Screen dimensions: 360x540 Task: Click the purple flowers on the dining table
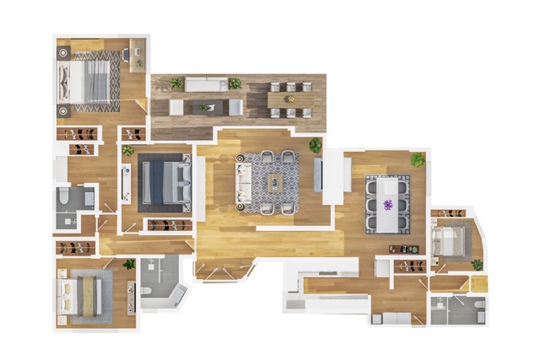(x=388, y=204)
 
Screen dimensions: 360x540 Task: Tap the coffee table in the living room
(x=276, y=182)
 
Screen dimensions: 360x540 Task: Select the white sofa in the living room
(x=244, y=182)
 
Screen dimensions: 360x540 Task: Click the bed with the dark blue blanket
(x=165, y=182)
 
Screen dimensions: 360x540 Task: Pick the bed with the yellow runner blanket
(x=84, y=296)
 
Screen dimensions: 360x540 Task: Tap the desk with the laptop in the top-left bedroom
(x=138, y=54)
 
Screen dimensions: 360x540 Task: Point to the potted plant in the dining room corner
(x=417, y=159)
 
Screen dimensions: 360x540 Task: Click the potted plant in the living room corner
(x=315, y=144)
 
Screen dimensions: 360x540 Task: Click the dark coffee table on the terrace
(x=205, y=107)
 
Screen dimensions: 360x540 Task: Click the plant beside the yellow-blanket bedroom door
(x=129, y=265)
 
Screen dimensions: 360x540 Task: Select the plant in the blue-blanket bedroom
(x=128, y=151)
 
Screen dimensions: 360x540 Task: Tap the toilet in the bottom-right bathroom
(x=477, y=306)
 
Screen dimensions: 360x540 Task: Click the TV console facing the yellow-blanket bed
(x=131, y=297)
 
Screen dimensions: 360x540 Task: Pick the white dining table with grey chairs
(x=387, y=204)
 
